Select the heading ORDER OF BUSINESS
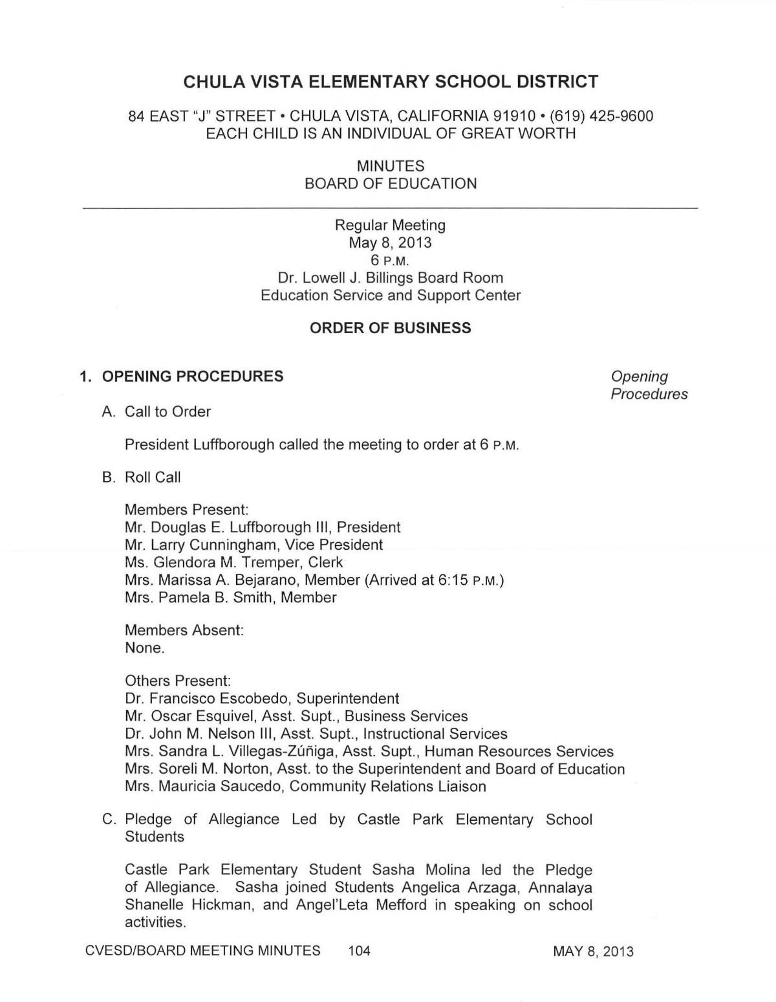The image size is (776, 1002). click(391, 328)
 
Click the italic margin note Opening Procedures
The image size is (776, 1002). click(649, 385)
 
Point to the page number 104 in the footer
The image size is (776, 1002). click(359, 951)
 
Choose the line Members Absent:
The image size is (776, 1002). click(184, 630)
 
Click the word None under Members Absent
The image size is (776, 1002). click(144, 648)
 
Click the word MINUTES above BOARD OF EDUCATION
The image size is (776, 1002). click(391, 166)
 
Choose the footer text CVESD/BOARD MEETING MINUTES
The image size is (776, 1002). click(202, 951)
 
